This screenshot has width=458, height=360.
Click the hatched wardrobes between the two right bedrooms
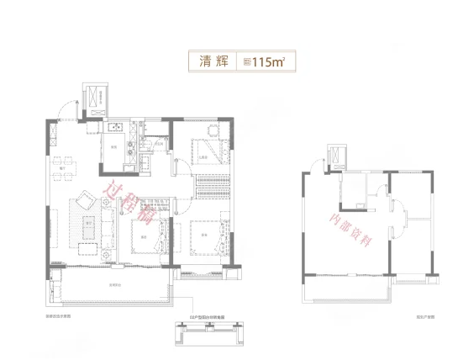pyautogui.click(x=208, y=187)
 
